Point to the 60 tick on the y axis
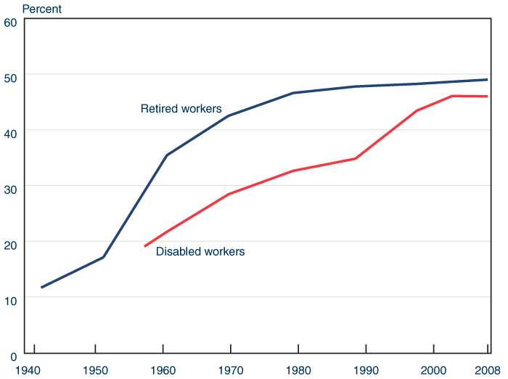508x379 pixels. (x=10, y=22)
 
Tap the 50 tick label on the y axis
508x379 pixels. (x=10, y=77)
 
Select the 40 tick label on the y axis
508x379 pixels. (x=10, y=132)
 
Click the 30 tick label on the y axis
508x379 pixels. (x=10, y=188)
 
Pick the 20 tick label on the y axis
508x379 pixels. (x=10, y=243)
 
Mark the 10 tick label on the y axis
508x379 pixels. (x=10, y=299)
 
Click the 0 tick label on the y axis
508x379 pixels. (x=13, y=354)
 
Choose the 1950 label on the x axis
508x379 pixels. (x=95, y=369)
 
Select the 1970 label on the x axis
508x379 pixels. (x=232, y=369)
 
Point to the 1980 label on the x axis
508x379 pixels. (x=299, y=369)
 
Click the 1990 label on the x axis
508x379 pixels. (x=366, y=369)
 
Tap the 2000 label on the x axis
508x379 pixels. (x=434, y=369)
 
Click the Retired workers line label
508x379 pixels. (x=181, y=109)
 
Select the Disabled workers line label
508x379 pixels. (x=200, y=252)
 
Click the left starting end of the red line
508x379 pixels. (x=145, y=246)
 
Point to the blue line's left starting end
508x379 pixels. (x=41, y=288)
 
